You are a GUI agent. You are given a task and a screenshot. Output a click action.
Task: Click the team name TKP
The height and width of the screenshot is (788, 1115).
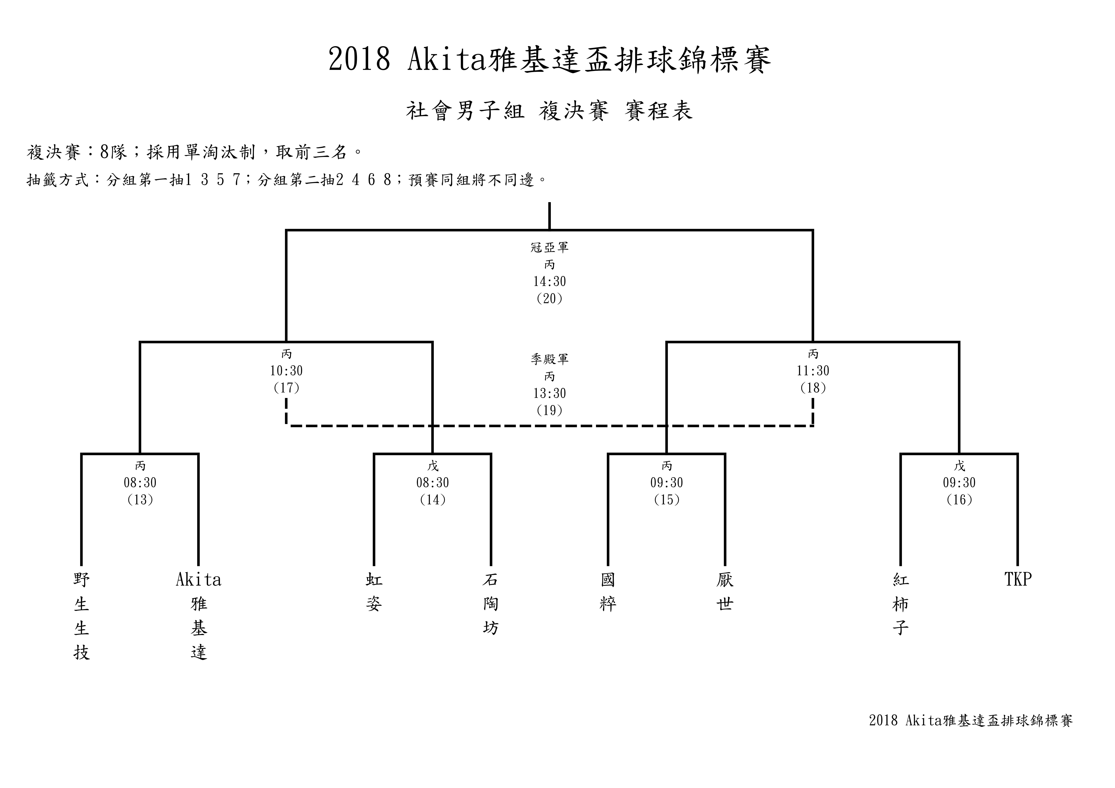tap(1018, 579)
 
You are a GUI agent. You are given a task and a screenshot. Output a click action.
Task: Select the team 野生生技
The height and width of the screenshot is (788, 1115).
tap(82, 616)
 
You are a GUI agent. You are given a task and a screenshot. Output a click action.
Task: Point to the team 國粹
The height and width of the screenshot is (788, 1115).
tap(608, 592)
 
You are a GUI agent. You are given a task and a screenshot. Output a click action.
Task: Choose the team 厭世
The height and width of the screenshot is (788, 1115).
tap(725, 592)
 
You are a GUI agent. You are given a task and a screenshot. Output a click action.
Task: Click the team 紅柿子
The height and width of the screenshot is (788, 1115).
tap(901, 604)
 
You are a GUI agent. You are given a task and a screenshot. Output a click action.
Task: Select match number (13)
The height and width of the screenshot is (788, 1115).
tap(140, 500)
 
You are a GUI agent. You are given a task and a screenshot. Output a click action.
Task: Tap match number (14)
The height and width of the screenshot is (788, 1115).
tap(433, 500)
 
